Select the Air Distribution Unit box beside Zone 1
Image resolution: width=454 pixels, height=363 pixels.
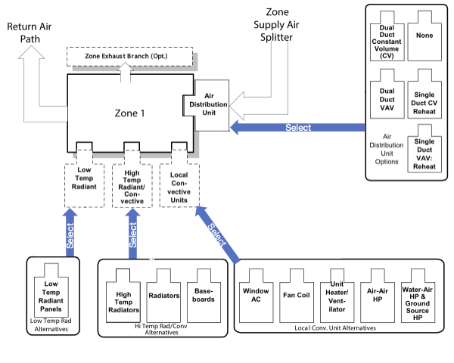coord(210,104)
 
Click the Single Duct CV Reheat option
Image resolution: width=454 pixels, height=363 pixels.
coord(424,93)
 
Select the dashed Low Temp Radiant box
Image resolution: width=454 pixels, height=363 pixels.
coord(84,176)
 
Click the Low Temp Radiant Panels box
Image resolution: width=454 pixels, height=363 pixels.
coord(52,294)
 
